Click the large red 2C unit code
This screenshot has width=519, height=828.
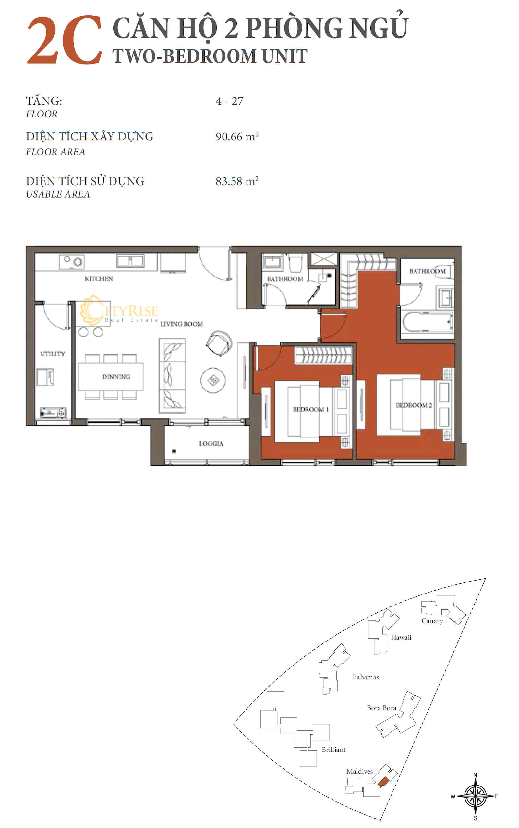(65, 40)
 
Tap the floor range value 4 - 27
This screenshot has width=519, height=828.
(229, 101)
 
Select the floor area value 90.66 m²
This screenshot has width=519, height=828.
(237, 136)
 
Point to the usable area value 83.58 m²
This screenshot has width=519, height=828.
(237, 181)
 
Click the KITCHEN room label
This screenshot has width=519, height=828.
(99, 279)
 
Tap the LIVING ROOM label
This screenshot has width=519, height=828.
(182, 324)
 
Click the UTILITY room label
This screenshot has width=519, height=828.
(53, 354)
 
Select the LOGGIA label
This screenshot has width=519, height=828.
(211, 444)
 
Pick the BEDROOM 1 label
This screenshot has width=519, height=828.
(311, 409)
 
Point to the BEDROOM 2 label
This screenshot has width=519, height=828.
(414, 405)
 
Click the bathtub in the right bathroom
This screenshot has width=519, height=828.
(427, 322)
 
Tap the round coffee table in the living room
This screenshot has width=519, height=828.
(213, 380)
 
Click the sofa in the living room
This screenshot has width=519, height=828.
(172, 375)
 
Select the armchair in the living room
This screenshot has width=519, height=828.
(219, 343)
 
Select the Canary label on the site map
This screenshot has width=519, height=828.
(432, 621)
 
